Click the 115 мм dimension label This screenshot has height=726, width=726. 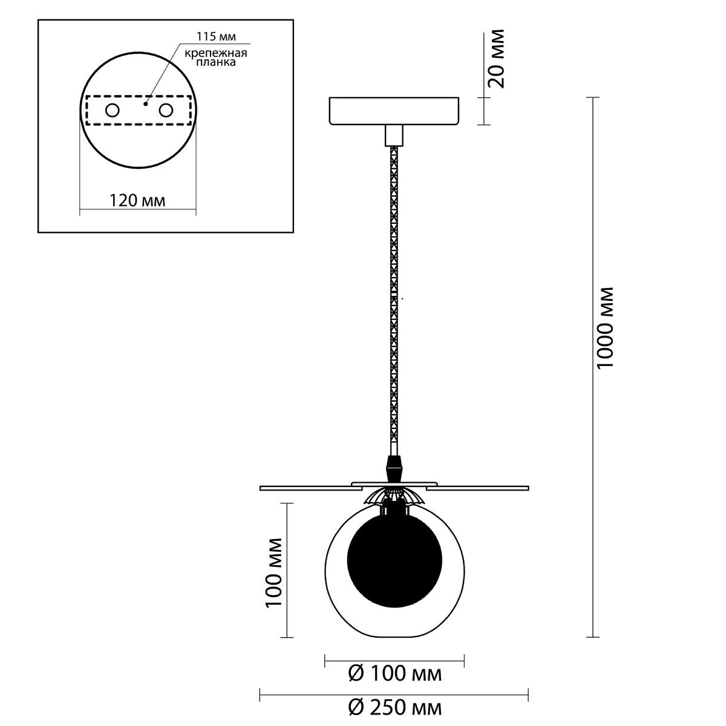(x=216, y=36)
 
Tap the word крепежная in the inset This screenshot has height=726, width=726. (x=215, y=53)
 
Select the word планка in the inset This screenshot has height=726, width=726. (x=216, y=62)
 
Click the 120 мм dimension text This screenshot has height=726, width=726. (x=137, y=200)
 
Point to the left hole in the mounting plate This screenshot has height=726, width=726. (x=113, y=110)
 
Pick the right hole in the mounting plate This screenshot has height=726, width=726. (x=166, y=110)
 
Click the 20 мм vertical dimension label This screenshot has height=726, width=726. (x=496, y=58)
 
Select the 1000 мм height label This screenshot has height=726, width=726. (x=606, y=327)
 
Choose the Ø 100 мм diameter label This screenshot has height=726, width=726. (x=394, y=673)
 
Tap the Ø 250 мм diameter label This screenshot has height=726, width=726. (x=394, y=708)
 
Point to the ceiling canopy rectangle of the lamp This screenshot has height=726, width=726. (x=394, y=111)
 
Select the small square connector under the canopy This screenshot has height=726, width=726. (x=394, y=136)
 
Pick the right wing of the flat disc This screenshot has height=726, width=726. (x=478, y=488)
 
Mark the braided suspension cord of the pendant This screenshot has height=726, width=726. (x=394, y=301)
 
